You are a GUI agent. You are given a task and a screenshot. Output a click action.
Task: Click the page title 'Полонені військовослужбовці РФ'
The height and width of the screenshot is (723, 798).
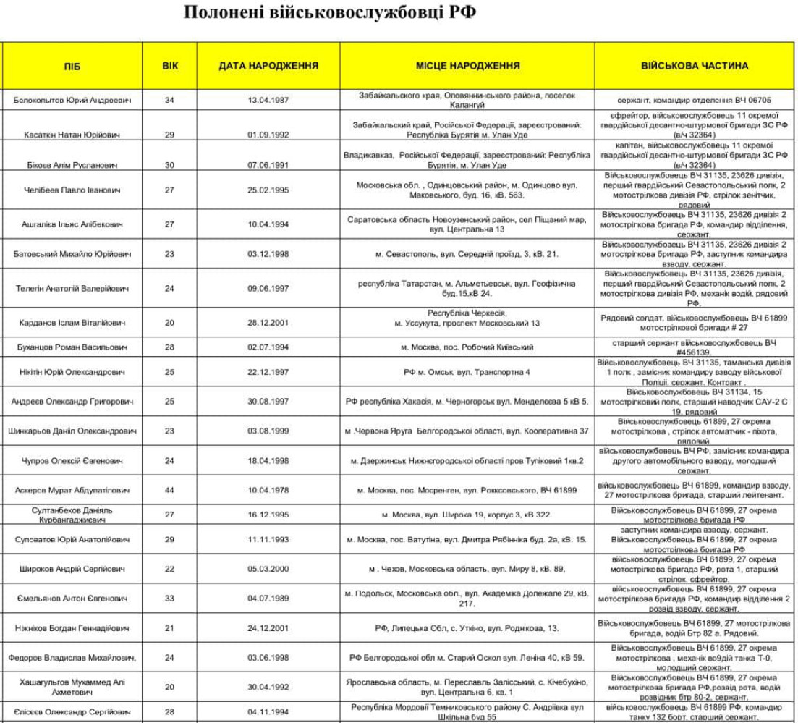[330, 14]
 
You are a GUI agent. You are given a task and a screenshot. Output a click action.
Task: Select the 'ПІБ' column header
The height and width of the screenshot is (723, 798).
[72, 66]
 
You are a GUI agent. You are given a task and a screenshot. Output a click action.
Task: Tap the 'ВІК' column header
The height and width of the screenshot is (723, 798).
[169, 66]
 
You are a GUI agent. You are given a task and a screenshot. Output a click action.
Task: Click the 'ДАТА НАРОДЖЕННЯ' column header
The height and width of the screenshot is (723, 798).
[268, 66]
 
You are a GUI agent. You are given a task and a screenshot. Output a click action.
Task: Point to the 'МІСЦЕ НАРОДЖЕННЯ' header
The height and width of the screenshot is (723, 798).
[467, 66]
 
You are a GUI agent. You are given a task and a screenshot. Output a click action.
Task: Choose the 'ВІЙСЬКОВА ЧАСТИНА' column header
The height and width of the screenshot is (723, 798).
[695, 66]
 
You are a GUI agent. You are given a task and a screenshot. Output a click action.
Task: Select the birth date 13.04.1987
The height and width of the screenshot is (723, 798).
[268, 100]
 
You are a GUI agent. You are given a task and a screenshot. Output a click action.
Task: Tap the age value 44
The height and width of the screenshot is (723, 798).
[169, 491]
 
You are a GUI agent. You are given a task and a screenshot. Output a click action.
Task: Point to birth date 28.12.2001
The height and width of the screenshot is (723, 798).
[268, 323]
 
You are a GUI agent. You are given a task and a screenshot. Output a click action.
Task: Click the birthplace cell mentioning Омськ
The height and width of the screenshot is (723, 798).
[467, 372]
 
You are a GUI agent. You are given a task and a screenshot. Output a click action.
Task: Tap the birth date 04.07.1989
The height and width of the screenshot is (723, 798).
[268, 599]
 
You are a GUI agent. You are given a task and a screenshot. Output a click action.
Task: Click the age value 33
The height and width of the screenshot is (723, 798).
[169, 599]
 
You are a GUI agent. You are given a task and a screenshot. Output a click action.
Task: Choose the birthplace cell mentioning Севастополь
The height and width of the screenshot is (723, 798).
[467, 254]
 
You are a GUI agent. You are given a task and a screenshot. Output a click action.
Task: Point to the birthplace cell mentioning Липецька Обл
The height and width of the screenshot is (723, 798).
[467, 628]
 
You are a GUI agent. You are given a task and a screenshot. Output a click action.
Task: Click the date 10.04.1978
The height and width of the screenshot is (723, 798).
[268, 491]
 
